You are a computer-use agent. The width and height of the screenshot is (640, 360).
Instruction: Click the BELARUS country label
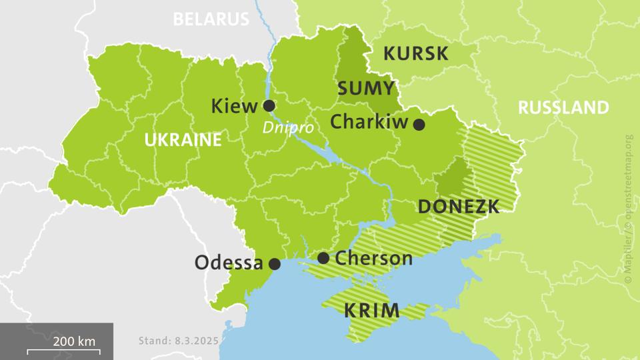211,19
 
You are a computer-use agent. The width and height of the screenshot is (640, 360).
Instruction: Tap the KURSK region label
415,54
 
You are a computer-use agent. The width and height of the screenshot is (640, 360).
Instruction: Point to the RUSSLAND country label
563,107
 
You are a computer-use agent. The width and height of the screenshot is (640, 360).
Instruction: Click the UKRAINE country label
183,140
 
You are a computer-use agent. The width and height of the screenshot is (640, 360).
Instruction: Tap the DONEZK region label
458,207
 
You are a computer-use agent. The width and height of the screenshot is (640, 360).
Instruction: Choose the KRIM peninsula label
372,310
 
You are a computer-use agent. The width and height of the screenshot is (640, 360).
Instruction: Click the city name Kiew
233,106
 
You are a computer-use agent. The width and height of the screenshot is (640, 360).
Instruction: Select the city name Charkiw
369,123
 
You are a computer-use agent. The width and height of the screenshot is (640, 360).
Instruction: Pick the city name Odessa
228,263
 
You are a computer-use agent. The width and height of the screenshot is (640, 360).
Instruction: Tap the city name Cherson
373,258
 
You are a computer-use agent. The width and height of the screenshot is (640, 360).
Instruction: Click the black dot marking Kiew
269,105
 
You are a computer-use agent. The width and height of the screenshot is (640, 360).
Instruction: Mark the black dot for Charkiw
419,124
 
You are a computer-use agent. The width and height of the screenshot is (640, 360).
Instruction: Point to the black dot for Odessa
273,264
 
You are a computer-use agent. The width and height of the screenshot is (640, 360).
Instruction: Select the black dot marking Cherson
323,258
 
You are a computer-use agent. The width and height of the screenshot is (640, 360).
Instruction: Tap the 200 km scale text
75,341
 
